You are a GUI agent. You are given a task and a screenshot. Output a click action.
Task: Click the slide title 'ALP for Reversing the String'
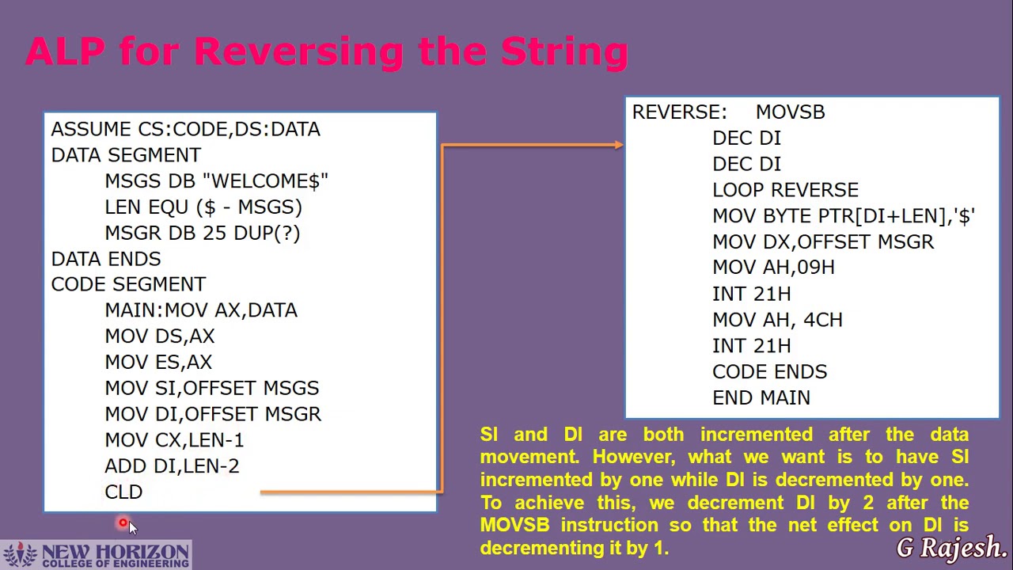point(327,52)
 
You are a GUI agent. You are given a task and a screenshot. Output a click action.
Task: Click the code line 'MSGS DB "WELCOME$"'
point(216,181)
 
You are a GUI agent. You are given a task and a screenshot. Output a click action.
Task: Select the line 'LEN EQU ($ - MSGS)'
point(203,207)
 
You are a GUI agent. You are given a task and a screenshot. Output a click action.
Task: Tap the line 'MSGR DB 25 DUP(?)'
point(202,234)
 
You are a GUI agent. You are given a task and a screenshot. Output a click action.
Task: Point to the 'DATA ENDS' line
point(106,259)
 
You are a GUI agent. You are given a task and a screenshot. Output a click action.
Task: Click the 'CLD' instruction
point(123,492)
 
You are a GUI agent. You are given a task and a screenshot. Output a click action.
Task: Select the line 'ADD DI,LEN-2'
point(172,466)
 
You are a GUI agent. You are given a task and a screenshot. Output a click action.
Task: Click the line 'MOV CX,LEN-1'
point(174,440)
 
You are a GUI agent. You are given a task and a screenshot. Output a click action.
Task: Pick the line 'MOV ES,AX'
point(158,362)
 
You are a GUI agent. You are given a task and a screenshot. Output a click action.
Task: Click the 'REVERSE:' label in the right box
point(679,112)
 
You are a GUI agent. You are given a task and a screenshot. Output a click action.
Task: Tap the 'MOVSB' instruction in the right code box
point(790,112)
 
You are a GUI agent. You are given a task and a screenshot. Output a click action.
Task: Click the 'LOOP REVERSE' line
point(785,190)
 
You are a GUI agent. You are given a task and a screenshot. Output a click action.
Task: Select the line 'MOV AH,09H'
point(773,268)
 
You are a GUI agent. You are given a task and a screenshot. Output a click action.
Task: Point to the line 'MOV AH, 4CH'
point(777,320)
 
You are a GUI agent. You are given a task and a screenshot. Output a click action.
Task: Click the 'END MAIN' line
point(761,398)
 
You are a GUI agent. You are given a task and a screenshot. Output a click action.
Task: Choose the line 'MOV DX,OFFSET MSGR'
point(823,242)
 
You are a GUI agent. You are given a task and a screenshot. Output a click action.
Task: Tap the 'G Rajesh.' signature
point(951,547)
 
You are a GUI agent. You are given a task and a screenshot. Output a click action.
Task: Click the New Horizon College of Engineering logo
point(96,555)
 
